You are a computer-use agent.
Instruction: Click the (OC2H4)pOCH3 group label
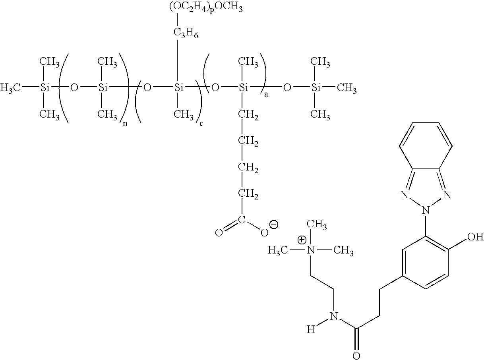pos(206,8)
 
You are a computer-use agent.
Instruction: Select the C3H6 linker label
pos(186,33)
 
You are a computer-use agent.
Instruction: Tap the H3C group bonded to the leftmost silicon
pos(10,88)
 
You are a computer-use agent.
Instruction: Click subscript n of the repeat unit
pos(125,124)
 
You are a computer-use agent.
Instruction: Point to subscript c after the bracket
pos(201,124)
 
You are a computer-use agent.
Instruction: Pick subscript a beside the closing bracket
pos(266,94)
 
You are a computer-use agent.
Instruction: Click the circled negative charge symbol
pos(274,225)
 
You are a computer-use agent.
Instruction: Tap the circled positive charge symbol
pos(302,240)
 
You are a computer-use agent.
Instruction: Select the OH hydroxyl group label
pos(475,236)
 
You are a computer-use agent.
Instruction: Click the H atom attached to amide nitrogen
pos(310,329)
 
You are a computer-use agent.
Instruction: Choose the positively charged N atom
pos(311,250)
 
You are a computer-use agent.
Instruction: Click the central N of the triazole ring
pos(426,210)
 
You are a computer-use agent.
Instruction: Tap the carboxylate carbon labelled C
pos(242,220)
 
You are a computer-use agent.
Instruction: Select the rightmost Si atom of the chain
pos(316,88)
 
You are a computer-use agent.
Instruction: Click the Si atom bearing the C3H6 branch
pos(178,88)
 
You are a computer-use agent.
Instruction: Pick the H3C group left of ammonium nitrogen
pos(278,250)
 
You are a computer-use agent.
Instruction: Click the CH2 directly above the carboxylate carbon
pos(248,194)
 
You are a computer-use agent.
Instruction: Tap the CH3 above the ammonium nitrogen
pos(317,224)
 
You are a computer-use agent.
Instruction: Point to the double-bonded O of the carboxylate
pos(219,233)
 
